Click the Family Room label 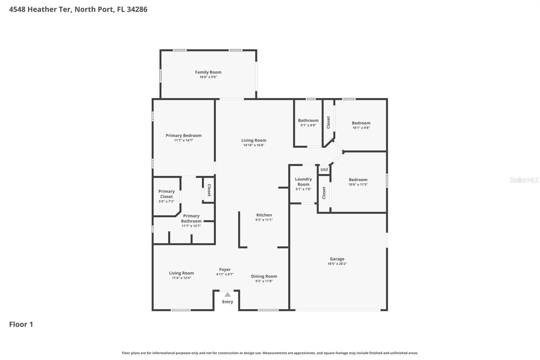tap(208, 72)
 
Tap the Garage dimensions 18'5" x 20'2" tap(337, 264)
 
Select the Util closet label tap(324, 170)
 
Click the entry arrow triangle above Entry tap(227, 294)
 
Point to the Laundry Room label tap(303, 182)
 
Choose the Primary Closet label tap(166, 194)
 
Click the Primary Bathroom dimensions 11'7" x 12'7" tap(191, 226)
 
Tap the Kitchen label tap(264, 215)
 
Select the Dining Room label tap(264, 276)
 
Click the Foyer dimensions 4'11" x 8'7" tap(225, 274)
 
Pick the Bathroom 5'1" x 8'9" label tap(308, 121)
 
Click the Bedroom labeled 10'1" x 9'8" tap(361, 123)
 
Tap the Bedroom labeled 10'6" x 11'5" tap(358, 180)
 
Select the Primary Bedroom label tap(184, 135)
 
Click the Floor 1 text tap(21, 325)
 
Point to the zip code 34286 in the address tap(137, 9)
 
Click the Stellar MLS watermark tap(524, 180)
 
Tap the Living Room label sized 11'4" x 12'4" tap(181, 273)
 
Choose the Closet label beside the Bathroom tap(328, 122)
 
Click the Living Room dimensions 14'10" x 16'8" tap(253, 145)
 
